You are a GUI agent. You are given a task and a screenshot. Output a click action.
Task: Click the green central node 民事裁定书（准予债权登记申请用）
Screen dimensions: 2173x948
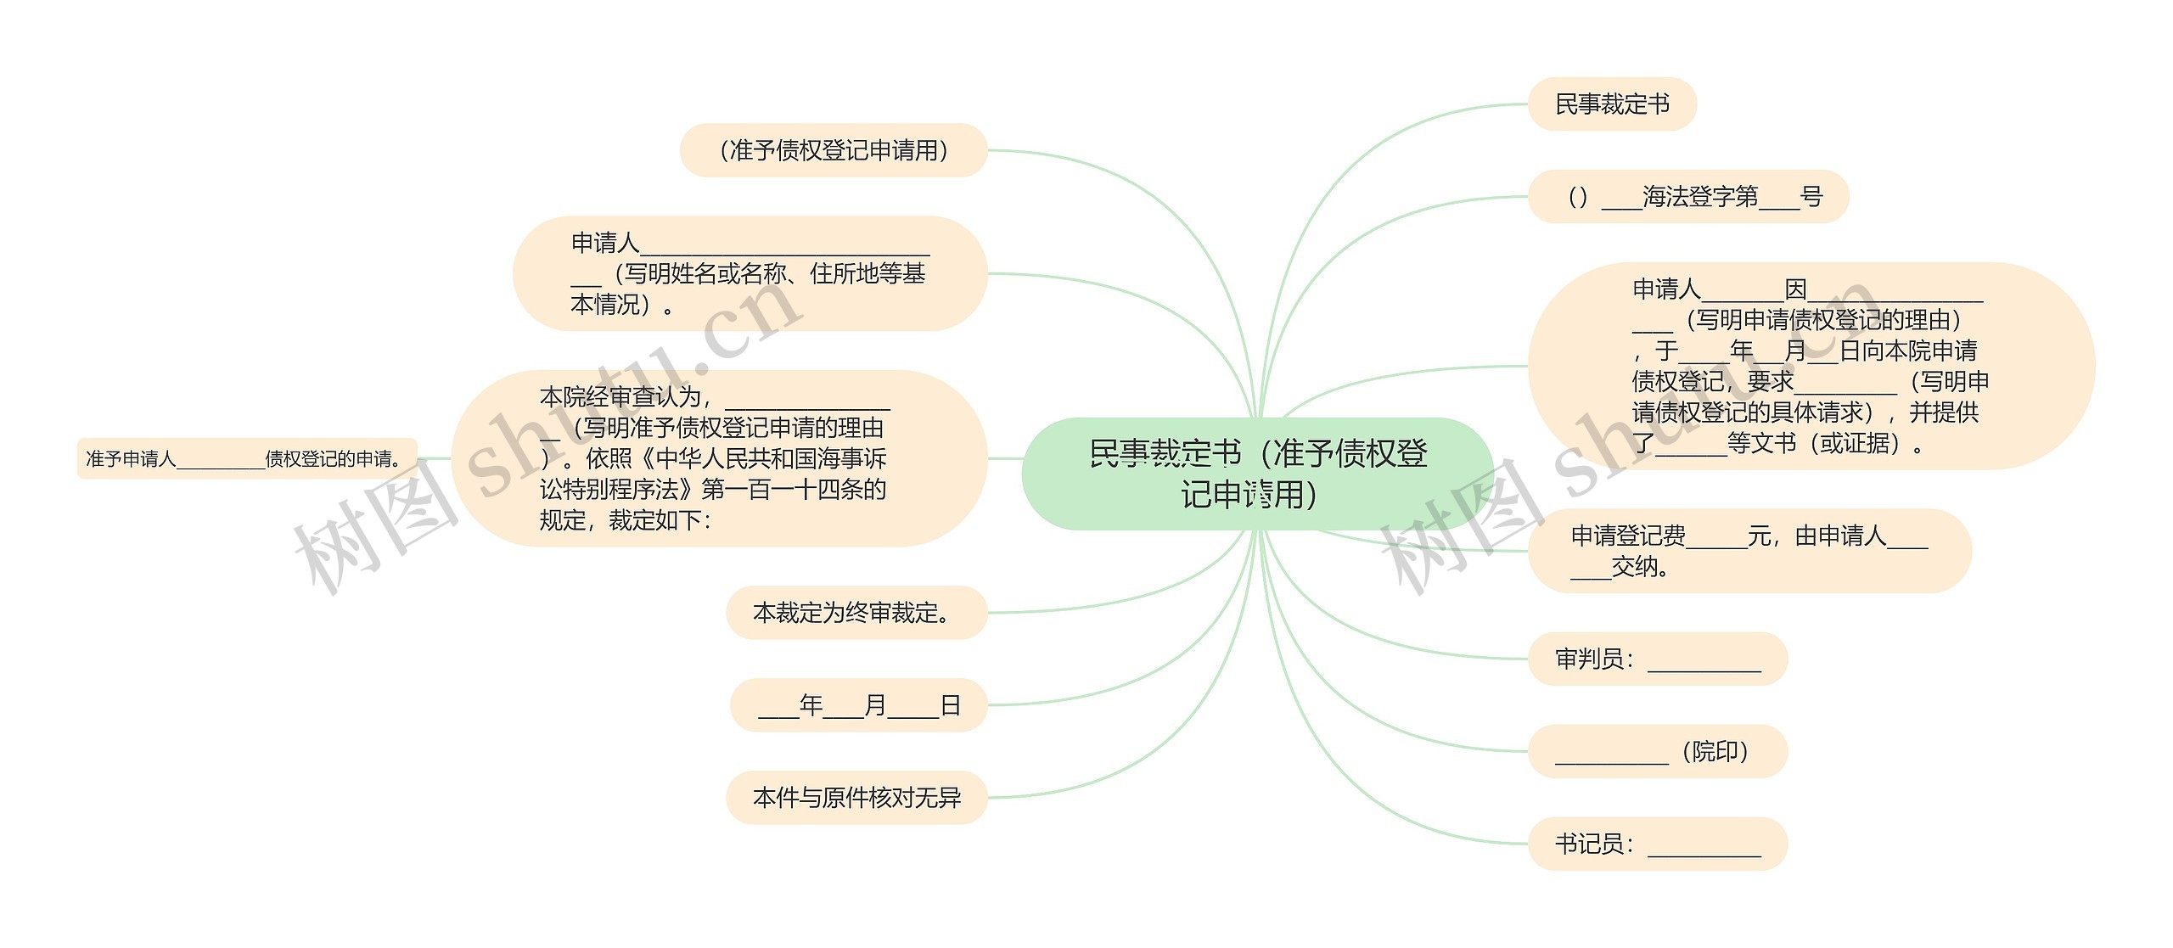click(x=1257, y=474)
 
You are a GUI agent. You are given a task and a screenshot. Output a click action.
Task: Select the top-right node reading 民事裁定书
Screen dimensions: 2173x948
click(x=1611, y=104)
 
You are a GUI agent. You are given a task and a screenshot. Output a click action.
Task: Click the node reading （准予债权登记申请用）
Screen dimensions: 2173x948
click(x=834, y=150)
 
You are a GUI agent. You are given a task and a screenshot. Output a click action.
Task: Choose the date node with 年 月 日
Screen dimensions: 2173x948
click(x=858, y=704)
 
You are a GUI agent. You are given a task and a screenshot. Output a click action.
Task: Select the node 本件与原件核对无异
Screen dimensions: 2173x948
click(x=856, y=797)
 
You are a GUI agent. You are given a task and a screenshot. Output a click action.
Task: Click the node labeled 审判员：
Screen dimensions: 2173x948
click(x=1657, y=659)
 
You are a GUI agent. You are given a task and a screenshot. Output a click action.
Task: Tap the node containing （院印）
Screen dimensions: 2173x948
click(x=1657, y=751)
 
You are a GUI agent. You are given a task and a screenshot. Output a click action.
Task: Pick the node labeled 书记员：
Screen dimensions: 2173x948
click(x=1657, y=844)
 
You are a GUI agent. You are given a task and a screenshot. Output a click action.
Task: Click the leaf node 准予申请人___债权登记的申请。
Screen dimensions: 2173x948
click(x=246, y=458)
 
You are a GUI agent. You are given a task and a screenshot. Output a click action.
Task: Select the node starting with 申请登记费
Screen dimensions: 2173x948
click(x=1749, y=550)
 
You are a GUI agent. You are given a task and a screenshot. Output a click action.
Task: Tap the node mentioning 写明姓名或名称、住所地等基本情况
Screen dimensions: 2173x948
click(x=749, y=273)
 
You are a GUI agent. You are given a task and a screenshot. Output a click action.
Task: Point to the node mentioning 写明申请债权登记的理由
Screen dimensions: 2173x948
click(x=1811, y=366)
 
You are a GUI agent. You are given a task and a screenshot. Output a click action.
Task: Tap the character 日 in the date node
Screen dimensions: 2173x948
click(x=950, y=704)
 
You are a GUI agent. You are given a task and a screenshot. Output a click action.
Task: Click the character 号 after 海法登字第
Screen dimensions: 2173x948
click(x=1811, y=197)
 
